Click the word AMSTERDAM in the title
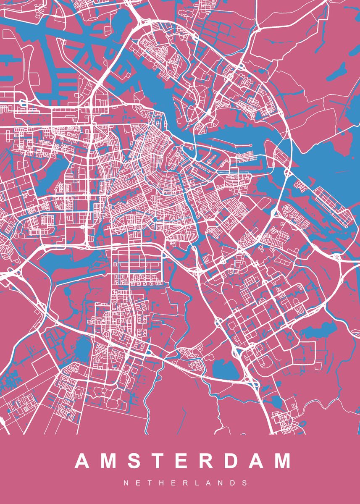182,461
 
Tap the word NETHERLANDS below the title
185,483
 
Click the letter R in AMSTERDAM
204,461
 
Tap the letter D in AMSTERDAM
230,461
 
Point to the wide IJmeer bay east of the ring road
332,155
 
